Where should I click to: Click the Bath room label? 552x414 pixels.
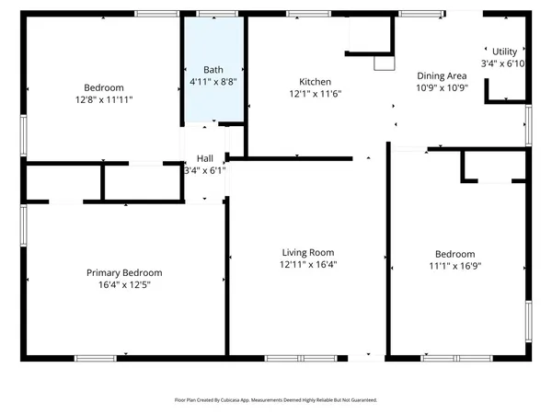pos(213,69)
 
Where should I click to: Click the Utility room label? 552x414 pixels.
pos(505,52)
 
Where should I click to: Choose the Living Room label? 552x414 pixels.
pos(307,252)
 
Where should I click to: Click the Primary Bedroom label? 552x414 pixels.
pos(124,272)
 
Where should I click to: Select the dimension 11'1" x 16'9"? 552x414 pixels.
pos(454,267)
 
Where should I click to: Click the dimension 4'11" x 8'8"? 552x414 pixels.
pos(213,82)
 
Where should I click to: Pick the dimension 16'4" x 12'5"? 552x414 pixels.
pos(124,285)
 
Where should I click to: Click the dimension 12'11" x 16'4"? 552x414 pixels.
pos(307,265)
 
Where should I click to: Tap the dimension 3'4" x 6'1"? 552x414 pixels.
pos(204,170)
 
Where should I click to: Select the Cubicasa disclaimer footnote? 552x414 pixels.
pos(276,400)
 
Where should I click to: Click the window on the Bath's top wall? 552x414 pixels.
pos(213,15)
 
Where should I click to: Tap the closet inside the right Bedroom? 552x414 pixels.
pos(493,167)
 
